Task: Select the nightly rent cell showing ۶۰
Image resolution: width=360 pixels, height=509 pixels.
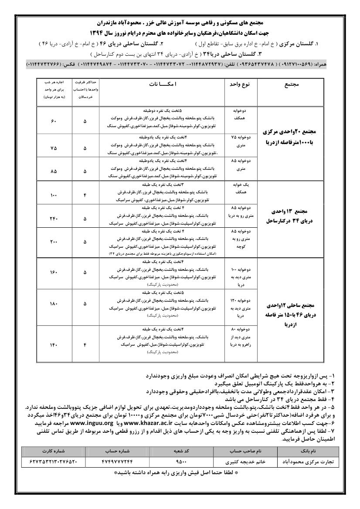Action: [54, 121]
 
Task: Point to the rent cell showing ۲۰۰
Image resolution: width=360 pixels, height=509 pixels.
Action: [54, 241]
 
